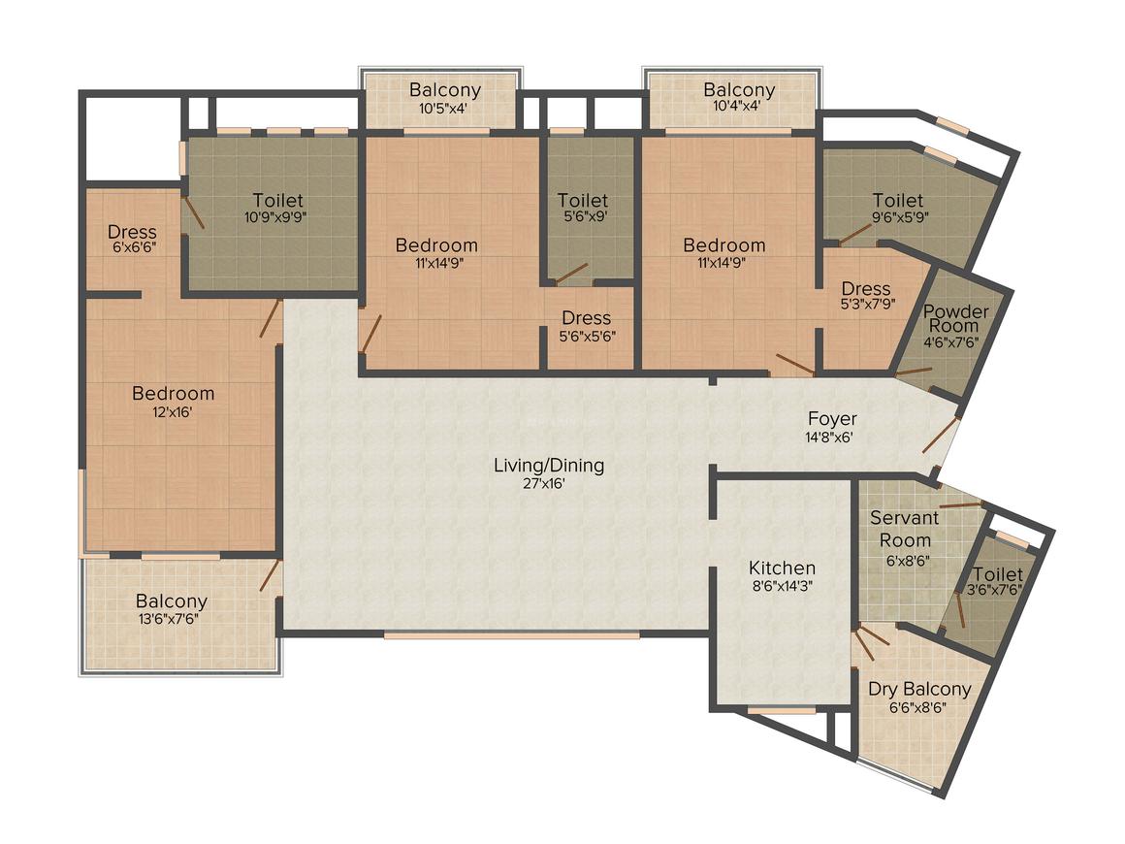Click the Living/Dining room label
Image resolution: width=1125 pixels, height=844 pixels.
(548, 466)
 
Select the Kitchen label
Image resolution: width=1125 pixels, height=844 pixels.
(782, 568)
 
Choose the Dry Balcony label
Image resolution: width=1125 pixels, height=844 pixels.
(918, 689)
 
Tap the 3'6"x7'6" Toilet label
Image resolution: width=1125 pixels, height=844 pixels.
(997, 574)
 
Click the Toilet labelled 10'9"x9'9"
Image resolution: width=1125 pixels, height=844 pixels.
(278, 201)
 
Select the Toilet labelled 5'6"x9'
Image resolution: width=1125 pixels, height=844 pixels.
(583, 201)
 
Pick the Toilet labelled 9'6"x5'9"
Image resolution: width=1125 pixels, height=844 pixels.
(896, 201)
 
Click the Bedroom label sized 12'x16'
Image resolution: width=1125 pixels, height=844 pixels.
(174, 394)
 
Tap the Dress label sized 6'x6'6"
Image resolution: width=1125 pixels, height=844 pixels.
(133, 232)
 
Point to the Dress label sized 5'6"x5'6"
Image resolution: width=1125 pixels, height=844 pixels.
(586, 318)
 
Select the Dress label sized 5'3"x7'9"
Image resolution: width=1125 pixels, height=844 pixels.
(866, 289)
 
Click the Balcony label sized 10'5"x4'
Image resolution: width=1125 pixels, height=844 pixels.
(444, 90)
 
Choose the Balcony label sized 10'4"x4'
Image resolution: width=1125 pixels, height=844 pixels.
(739, 90)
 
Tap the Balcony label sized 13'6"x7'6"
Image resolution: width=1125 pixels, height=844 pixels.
(172, 601)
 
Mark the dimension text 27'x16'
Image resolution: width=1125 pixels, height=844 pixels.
(548, 483)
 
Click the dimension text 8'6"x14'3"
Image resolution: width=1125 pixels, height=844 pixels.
(782, 586)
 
